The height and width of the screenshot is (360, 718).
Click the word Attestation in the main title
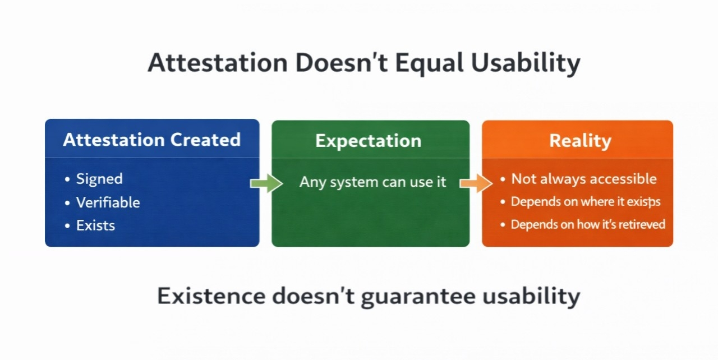(x=218, y=62)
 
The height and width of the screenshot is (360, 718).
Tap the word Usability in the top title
(x=526, y=64)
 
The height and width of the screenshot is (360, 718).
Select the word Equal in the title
(x=430, y=64)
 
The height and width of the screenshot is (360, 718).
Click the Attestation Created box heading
(x=152, y=140)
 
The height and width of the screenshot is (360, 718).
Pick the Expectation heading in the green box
(x=369, y=141)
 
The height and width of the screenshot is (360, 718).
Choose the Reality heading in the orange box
(x=581, y=141)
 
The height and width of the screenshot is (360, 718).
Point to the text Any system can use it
(x=373, y=182)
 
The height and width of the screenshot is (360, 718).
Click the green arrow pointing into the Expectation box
(x=266, y=183)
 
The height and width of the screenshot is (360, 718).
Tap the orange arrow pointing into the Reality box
(x=476, y=183)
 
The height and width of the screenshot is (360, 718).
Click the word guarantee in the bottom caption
(x=418, y=297)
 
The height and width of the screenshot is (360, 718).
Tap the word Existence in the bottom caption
(x=211, y=296)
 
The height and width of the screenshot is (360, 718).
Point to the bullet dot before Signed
(x=67, y=179)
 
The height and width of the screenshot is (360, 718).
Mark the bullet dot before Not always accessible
(x=503, y=179)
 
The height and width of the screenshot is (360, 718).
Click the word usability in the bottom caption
(x=531, y=297)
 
